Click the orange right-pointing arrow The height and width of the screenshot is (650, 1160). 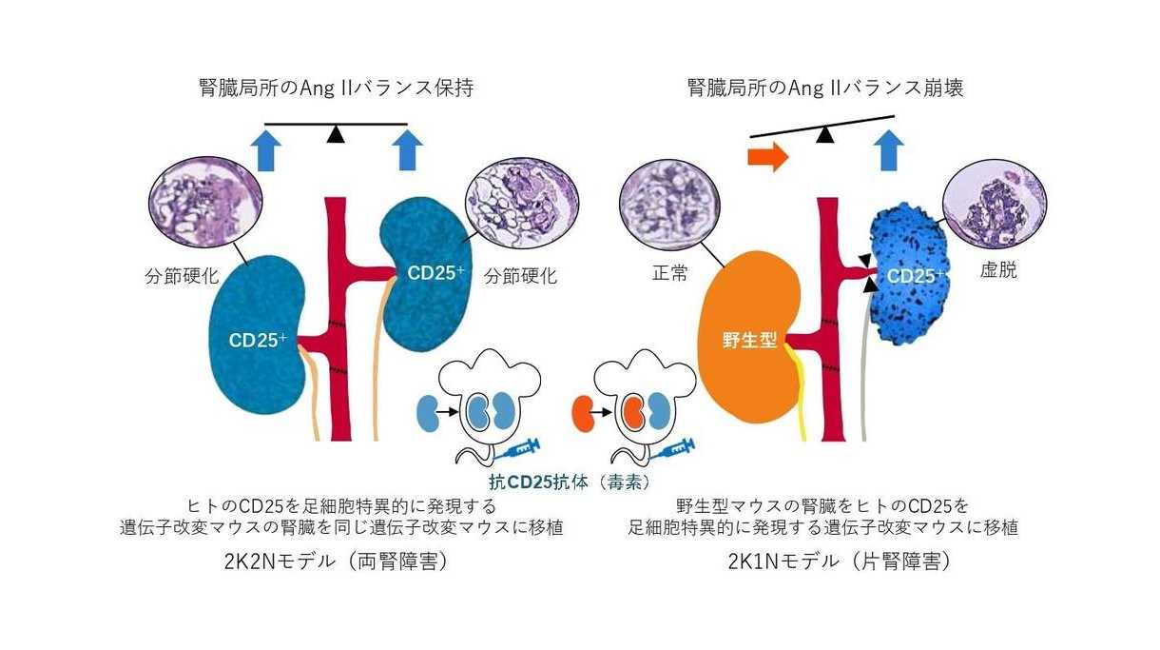(x=768, y=157)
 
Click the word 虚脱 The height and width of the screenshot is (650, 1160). (x=997, y=271)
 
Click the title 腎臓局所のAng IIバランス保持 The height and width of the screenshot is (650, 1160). (x=336, y=89)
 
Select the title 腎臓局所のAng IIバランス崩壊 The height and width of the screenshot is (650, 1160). (x=825, y=89)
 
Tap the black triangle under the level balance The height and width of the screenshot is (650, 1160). (x=335, y=135)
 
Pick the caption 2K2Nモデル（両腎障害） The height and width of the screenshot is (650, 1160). (x=336, y=561)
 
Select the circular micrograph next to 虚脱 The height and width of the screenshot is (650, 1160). (x=994, y=209)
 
